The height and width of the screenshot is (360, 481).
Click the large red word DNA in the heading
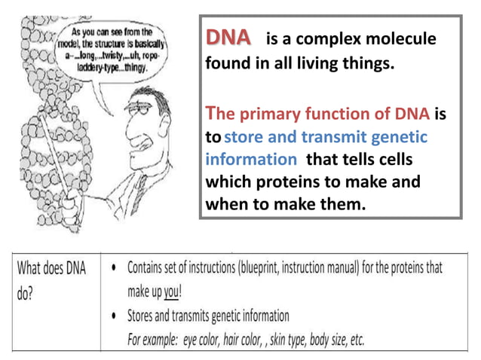(x=229, y=38)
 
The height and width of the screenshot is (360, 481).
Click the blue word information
(x=251, y=160)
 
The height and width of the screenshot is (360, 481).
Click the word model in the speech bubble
(x=75, y=44)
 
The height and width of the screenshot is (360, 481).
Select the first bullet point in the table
(x=112, y=268)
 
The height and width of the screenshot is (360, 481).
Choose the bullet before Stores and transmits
(x=112, y=316)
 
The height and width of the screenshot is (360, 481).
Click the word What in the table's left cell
(x=32, y=268)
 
